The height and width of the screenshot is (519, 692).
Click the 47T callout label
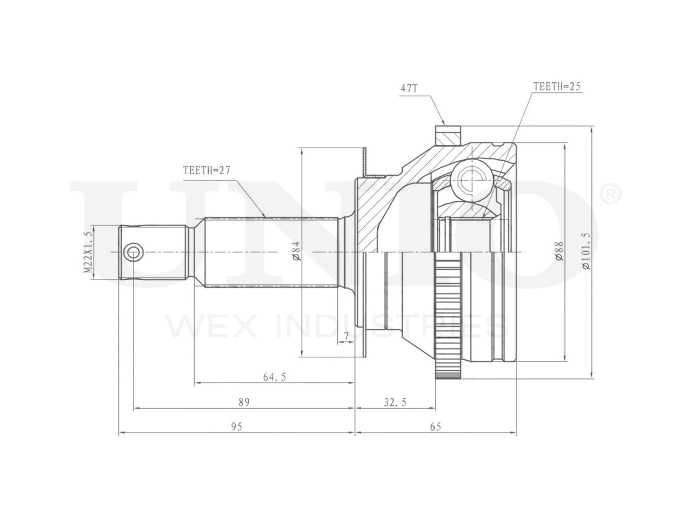409,88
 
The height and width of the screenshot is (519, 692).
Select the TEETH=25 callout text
556,86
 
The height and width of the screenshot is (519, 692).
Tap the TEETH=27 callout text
207,170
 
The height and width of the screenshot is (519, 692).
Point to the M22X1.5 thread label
88,252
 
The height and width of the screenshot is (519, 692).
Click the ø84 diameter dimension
297,251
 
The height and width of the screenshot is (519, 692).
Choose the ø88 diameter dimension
559,251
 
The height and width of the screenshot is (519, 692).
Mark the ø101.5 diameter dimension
585,251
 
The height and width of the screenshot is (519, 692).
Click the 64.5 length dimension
274,377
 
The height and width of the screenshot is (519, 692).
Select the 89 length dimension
244,402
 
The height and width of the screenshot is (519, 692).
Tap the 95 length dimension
236,427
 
